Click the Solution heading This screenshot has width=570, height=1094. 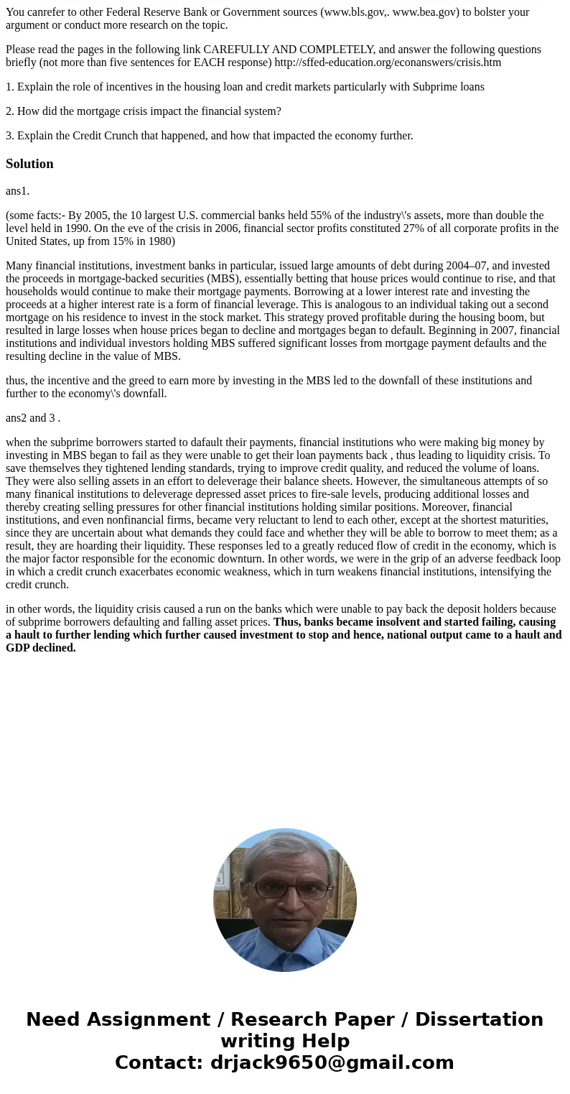(29, 164)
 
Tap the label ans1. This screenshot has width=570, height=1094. (18, 191)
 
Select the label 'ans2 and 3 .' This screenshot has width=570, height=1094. (33, 418)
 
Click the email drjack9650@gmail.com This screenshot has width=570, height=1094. (332, 1062)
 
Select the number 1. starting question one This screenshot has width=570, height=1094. (10, 87)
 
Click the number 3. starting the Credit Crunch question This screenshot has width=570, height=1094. (10, 136)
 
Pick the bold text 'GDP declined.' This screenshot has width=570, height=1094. (41, 648)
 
